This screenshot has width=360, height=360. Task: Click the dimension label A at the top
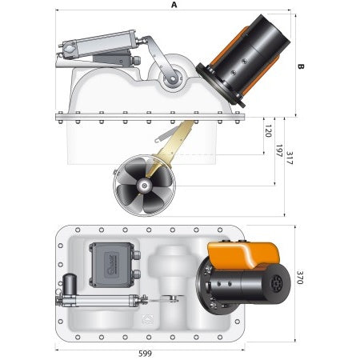pos(174,5)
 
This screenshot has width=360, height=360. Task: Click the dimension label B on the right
pos(302,67)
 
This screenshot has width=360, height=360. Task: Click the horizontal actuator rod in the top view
pos(100,302)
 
